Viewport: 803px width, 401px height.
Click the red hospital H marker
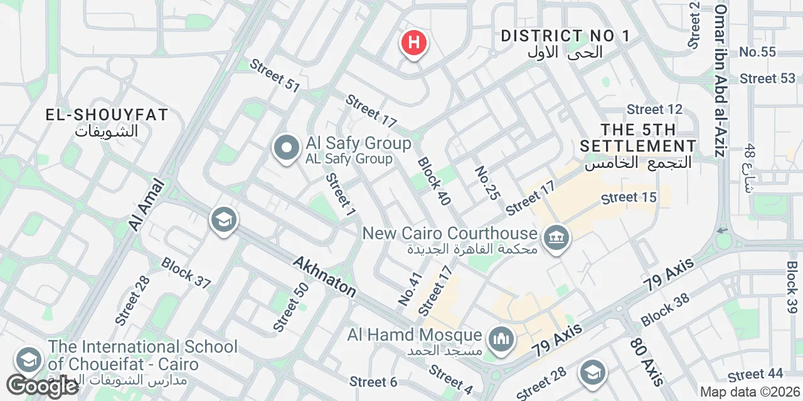(x=413, y=44)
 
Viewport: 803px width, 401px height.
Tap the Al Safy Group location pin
(x=287, y=149)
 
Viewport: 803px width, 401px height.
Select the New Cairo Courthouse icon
(x=556, y=237)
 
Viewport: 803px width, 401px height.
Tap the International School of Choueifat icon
(x=28, y=360)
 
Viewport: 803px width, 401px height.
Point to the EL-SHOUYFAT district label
(x=107, y=115)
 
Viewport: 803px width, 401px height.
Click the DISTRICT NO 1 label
(x=565, y=36)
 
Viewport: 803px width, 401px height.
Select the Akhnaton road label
(x=324, y=276)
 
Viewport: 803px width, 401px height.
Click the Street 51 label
(x=275, y=75)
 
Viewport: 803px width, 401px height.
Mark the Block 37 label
(x=186, y=273)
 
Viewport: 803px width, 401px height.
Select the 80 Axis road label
(x=646, y=362)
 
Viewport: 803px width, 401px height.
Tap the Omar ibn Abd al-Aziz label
(x=721, y=81)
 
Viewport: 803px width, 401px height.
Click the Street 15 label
(x=629, y=198)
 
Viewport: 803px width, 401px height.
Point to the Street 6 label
(x=373, y=382)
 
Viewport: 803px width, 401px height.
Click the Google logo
(x=42, y=386)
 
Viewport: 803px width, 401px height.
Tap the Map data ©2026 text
(x=750, y=392)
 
